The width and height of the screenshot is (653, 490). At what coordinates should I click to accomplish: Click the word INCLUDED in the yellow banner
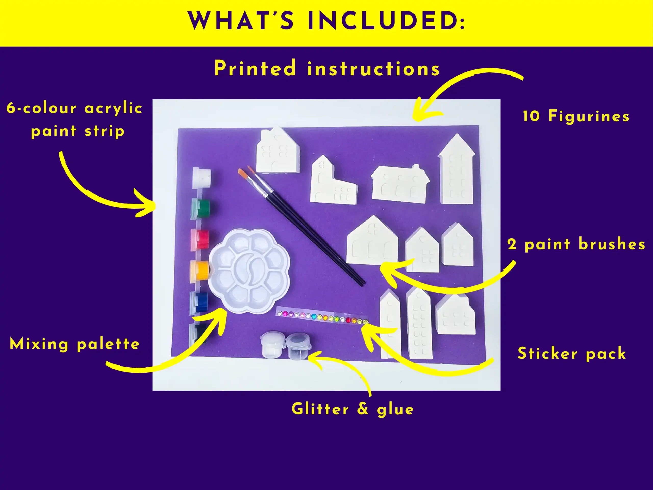point(386,21)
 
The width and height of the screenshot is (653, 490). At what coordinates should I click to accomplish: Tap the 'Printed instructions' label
point(327,68)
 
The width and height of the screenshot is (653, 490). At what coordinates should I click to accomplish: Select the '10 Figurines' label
point(576,116)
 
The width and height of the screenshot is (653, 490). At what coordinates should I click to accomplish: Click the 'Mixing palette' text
point(75,344)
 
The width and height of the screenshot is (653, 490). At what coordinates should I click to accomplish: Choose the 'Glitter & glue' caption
point(353,409)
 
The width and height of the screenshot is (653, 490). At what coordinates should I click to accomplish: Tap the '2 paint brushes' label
point(576,244)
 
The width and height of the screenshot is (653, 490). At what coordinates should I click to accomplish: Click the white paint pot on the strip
point(202,178)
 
